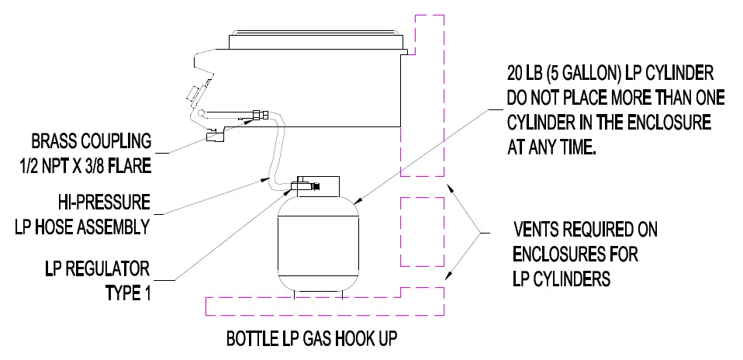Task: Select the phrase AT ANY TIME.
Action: point(551,147)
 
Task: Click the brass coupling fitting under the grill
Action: point(216,137)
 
